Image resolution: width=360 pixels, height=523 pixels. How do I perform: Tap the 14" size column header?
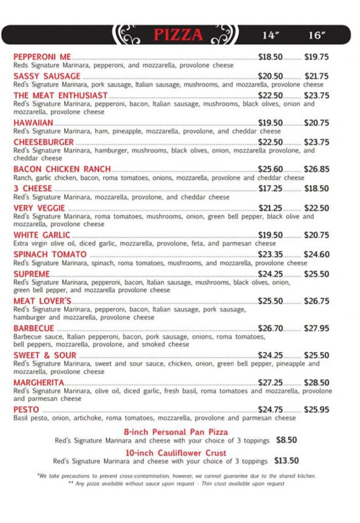tap(270, 35)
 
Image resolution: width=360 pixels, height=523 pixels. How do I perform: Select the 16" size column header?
tap(316, 35)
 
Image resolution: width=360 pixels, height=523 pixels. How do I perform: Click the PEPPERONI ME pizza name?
tap(42, 57)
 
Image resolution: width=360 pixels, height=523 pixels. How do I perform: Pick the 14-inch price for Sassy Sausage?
tap(270, 76)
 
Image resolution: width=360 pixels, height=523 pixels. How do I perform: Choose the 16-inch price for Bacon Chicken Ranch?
tap(316, 169)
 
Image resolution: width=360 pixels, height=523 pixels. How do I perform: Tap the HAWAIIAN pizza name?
tap(33, 123)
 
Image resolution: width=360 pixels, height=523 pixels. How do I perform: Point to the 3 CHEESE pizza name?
tap(32, 189)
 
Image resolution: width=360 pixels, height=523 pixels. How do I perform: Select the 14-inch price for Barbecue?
tap(270, 328)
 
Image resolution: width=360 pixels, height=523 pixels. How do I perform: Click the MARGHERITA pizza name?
tap(39, 383)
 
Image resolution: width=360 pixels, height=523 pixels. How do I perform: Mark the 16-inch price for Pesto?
tap(316, 410)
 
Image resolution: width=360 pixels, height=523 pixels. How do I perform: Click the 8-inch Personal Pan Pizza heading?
tap(176, 432)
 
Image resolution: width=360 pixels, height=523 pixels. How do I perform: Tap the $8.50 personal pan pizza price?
tap(286, 440)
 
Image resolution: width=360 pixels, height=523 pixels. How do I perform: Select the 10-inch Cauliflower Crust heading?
tap(176, 452)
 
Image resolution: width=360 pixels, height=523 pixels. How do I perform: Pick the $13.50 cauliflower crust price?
tap(286, 461)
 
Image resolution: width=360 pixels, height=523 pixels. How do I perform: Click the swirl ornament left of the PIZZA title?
tap(128, 34)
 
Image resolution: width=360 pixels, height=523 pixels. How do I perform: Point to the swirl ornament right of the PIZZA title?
tap(222, 34)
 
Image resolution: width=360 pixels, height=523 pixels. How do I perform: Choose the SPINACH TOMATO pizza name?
tap(50, 255)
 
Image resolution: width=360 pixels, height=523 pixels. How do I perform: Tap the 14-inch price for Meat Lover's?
tap(270, 301)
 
